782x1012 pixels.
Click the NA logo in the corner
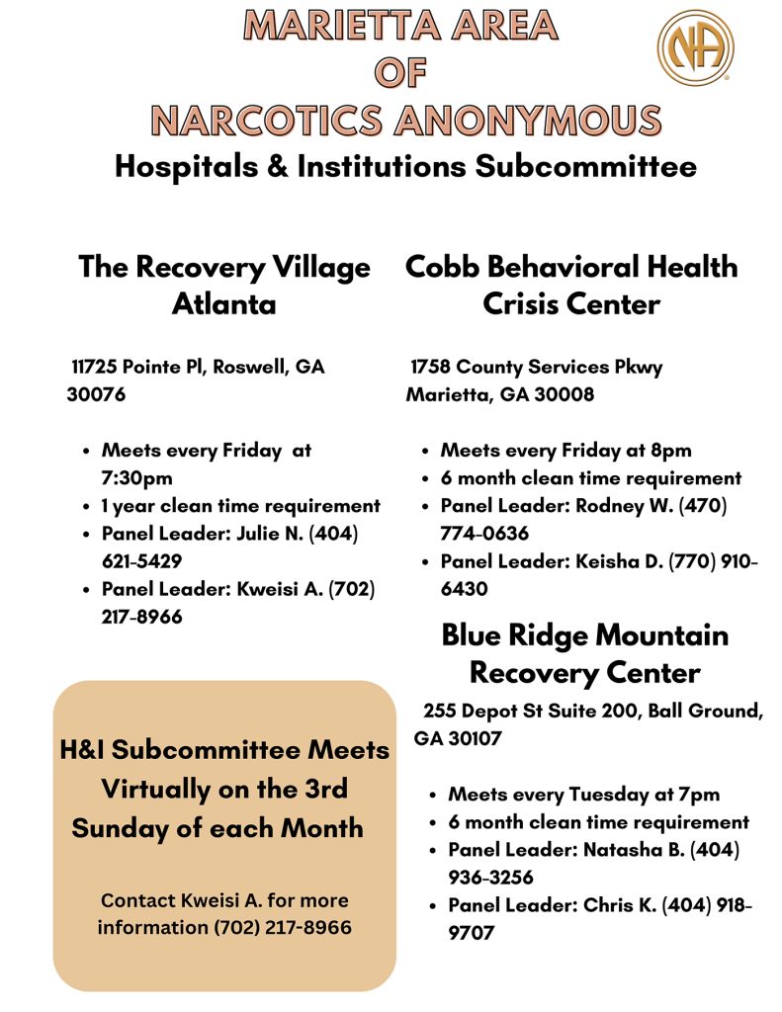pos(695,47)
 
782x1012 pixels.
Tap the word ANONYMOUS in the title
pos(528,121)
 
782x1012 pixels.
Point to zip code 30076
pos(96,394)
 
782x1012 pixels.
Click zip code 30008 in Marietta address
pos(565,394)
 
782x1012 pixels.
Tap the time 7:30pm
pos(136,478)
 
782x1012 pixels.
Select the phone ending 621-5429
pos(141,561)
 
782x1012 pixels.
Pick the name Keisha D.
pos(619,561)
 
